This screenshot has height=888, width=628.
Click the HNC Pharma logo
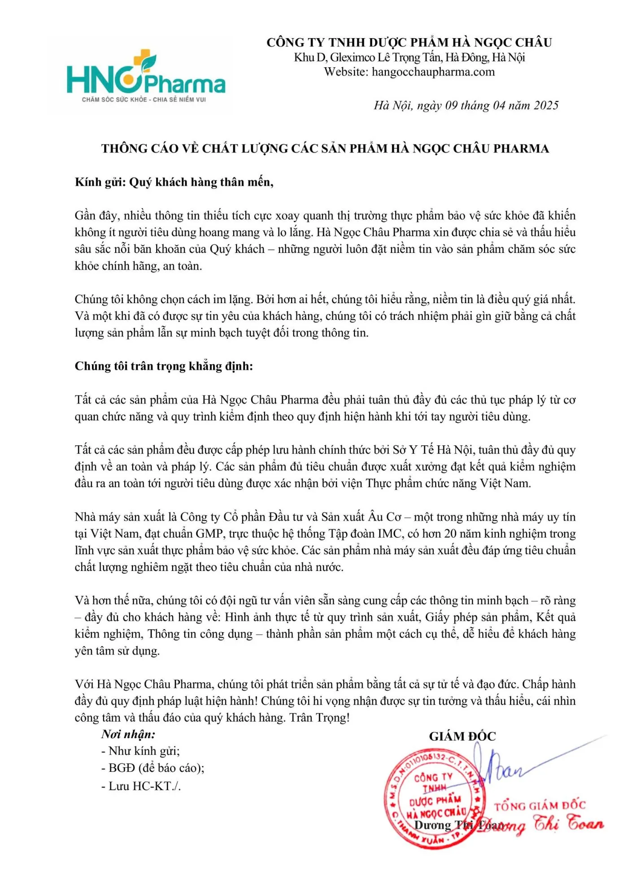[x=146, y=76]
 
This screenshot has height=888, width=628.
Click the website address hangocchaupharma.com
[x=433, y=72]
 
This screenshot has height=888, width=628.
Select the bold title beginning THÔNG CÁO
[x=325, y=148]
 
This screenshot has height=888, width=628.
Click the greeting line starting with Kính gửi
[x=174, y=182]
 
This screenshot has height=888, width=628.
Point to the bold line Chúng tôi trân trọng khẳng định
[x=164, y=366]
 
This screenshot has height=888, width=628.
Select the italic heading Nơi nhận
[x=128, y=734]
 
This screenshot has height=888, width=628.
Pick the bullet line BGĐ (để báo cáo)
[x=153, y=768]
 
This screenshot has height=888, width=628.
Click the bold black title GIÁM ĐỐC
[x=462, y=736]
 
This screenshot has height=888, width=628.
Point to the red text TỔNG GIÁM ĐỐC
[x=540, y=806]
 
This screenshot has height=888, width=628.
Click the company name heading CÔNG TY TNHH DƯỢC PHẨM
[x=409, y=43]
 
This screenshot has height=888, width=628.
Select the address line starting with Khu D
[x=409, y=57]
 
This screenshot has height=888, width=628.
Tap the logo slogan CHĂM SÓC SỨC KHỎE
[x=144, y=99]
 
